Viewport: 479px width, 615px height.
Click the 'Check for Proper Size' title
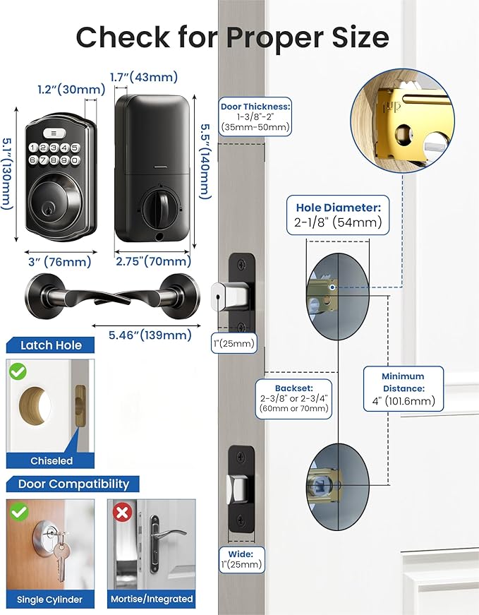(x=232, y=37)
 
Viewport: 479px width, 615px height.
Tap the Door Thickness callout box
(x=255, y=117)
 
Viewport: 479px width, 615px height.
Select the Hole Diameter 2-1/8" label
(x=338, y=215)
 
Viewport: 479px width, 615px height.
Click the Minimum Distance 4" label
(x=403, y=388)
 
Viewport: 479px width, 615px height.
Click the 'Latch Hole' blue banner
(x=50, y=345)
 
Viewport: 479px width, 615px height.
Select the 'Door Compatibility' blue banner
(x=73, y=484)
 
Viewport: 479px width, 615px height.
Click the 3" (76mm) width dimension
(x=59, y=262)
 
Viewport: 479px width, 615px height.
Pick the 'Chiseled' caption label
(x=51, y=460)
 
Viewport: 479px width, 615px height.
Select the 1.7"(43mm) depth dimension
(x=144, y=77)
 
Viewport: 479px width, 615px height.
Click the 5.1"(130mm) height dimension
(x=8, y=173)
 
